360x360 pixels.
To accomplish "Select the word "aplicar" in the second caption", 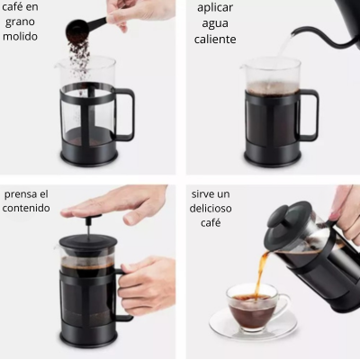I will (x=216, y=8).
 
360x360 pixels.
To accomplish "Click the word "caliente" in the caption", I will (x=216, y=40).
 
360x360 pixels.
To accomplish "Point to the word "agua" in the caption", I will (x=216, y=24).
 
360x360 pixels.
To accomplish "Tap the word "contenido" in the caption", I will (x=27, y=208).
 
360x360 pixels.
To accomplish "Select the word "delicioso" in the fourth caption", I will (x=211, y=208).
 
